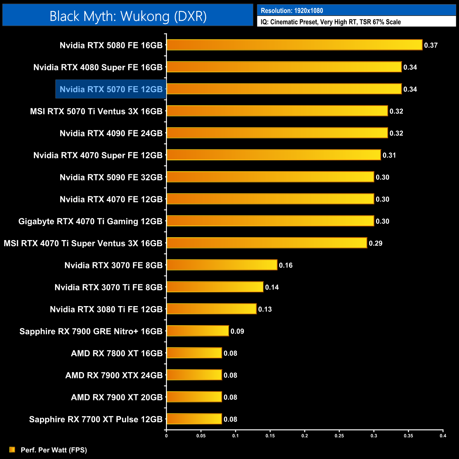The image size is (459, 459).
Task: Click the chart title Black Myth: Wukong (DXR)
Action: [128, 16]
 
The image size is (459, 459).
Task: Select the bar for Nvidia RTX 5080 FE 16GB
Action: [294, 45]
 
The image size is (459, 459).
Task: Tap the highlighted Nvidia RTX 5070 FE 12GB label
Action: [111, 89]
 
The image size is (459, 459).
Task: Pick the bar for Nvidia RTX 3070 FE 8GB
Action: [222, 265]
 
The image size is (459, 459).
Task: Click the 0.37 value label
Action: [431, 45]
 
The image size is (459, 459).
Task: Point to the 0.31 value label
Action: [389, 155]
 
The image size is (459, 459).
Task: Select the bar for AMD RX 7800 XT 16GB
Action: [194, 353]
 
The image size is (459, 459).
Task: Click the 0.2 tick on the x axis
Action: [305, 436]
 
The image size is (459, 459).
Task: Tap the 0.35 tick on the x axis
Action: [409, 436]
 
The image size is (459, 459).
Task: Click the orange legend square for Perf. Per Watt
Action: [12, 449]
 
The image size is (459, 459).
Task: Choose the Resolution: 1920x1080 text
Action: [292, 11]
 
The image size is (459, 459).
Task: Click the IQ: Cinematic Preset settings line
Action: [330, 22]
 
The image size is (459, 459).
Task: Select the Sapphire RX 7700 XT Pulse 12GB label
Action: [96, 419]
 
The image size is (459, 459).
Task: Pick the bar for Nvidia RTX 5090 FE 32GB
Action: [270, 177]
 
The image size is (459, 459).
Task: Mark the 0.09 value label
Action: [237, 331]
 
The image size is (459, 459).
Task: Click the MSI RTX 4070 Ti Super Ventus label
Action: [83, 243]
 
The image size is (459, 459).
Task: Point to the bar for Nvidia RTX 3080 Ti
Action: [211, 309]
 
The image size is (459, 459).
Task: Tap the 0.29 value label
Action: [375, 243]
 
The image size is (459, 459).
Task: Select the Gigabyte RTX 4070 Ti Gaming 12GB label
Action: [90, 221]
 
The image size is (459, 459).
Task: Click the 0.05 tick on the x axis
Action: [201, 436]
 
